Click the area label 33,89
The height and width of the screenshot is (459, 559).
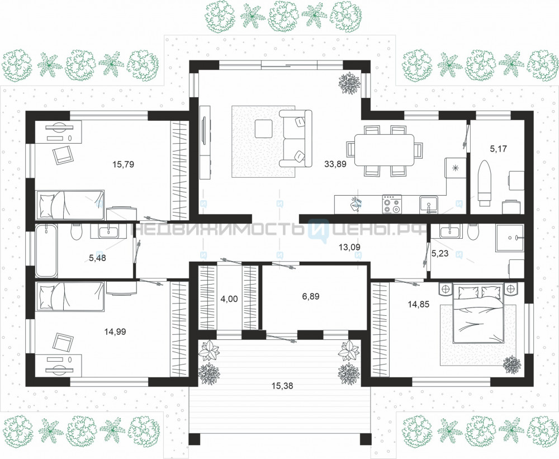click(x=335, y=164)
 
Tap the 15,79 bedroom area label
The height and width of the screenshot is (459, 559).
click(x=123, y=164)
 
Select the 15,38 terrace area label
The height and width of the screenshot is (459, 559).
click(x=282, y=386)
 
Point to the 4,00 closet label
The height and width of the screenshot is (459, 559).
click(x=229, y=299)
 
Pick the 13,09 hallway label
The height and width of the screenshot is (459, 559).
click(x=349, y=247)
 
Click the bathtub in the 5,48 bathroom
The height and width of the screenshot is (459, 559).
click(x=46, y=250)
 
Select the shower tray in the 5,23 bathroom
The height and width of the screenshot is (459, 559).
click(x=509, y=238)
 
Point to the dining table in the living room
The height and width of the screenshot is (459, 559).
click(x=385, y=150)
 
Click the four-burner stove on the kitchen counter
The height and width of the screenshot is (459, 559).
click(x=392, y=204)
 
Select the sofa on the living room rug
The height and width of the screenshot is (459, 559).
click(x=295, y=139)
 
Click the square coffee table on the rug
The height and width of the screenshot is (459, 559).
click(x=263, y=129)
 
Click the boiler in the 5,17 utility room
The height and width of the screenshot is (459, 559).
click(x=485, y=184)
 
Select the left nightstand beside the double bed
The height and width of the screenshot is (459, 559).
click(x=446, y=288)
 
